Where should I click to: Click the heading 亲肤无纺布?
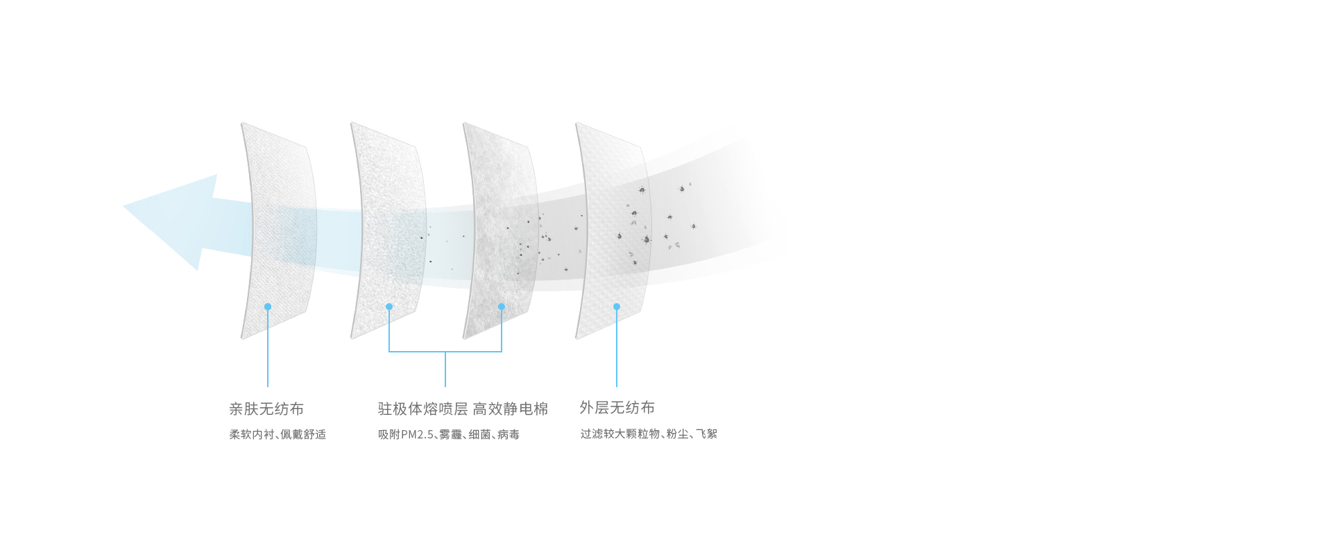coord(266,409)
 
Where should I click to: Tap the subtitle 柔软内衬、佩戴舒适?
coord(277,434)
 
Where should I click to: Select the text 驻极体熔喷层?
coord(422,409)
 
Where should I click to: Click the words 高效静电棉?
coord(511,409)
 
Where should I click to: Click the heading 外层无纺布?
coord(617,407)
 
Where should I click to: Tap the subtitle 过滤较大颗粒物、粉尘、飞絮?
coord(649,434)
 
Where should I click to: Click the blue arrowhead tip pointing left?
coord(123,206)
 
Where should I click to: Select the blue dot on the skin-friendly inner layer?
coord(268,307)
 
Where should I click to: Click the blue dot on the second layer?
coord(389,307)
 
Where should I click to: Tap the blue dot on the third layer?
coord(502,307)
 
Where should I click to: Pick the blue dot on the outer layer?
coord(617,307)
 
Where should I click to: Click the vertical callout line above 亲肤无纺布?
coord(268,347)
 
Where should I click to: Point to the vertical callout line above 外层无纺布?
coord(617,347)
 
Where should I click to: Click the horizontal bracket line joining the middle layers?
coord(445,352)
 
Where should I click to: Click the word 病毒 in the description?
coord(509,434)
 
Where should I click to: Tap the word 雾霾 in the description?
coord(450,434)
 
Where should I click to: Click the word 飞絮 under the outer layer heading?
coord(707,434)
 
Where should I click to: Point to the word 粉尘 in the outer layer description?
coord(678,434)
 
